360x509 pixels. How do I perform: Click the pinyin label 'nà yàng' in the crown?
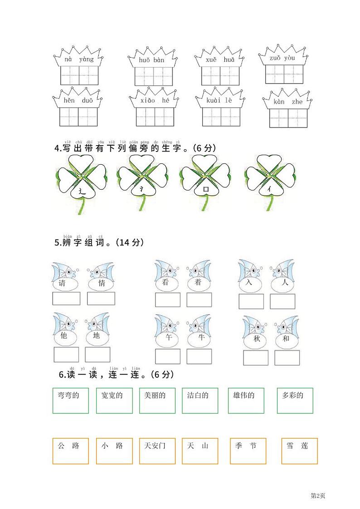pyautogui.click(x=79, y=59)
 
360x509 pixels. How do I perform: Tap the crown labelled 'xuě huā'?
pyautogui.click(x=220, y=60)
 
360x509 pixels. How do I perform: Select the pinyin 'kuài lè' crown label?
pyautogui.click(x=219, y=100)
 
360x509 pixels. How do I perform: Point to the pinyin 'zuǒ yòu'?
pyautogui.click(x=282, y=58)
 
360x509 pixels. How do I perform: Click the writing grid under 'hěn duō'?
pyautogui.click(x=78, y=117)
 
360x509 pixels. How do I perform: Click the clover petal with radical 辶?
pyautogui.click(x=82, y=191)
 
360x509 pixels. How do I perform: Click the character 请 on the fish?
pyautogui.click(x=63, y=284)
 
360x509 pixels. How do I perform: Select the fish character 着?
pyautogui.click(x=198, y=283)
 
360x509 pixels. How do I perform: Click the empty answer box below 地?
pyautogui.click(x=97, y=354)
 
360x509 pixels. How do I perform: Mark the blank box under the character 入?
pyautogui.click(x=251, y=301)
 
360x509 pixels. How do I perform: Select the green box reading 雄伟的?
pyautogui.click(x=246, y=400)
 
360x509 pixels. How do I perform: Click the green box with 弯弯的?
pyautogui.click(x=70, y=400)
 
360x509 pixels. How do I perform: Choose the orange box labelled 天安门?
pyautogui.click(x=157, y=450)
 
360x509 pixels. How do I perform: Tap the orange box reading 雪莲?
pyautogui.click(x=299, y=450)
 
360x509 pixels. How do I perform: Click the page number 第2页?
pyautogui.click(x=318, y=495)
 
